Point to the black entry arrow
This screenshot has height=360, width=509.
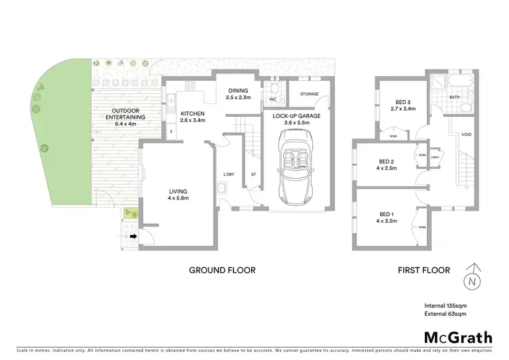[133, 236]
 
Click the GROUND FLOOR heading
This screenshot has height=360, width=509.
[222, 270]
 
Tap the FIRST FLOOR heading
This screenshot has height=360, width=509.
[423, 270]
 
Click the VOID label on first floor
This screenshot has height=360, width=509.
[466, 134]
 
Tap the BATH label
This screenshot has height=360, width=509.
[454, 98]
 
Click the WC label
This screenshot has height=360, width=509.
[272, 99]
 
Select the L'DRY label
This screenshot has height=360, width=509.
[229, 176]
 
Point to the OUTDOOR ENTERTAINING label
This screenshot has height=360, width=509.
[115, 117]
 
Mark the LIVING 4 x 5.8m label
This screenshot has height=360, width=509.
[178, 194]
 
